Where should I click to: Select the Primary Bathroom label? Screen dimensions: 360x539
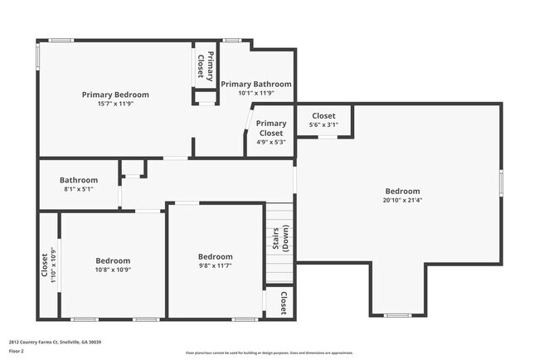tap(256, 84)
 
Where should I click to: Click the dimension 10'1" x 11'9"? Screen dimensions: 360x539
tap(256, 93)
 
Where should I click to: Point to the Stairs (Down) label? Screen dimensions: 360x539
tap(280, 239)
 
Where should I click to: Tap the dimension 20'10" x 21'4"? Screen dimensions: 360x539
tap(402, 200)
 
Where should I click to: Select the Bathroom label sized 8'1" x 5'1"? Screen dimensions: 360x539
tap(79, 180)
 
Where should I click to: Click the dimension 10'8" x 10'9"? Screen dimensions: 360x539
tap(112, 270)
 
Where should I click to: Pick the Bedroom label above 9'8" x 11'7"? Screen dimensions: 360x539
tap(215, 256)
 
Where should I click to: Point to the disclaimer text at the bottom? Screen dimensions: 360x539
tap(269, 352)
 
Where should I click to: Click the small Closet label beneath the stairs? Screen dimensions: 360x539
tap(283, 302)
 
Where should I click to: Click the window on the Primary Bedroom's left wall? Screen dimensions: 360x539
tap(36, 55)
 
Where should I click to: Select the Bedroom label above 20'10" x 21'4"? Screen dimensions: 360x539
tap(402, 191)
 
